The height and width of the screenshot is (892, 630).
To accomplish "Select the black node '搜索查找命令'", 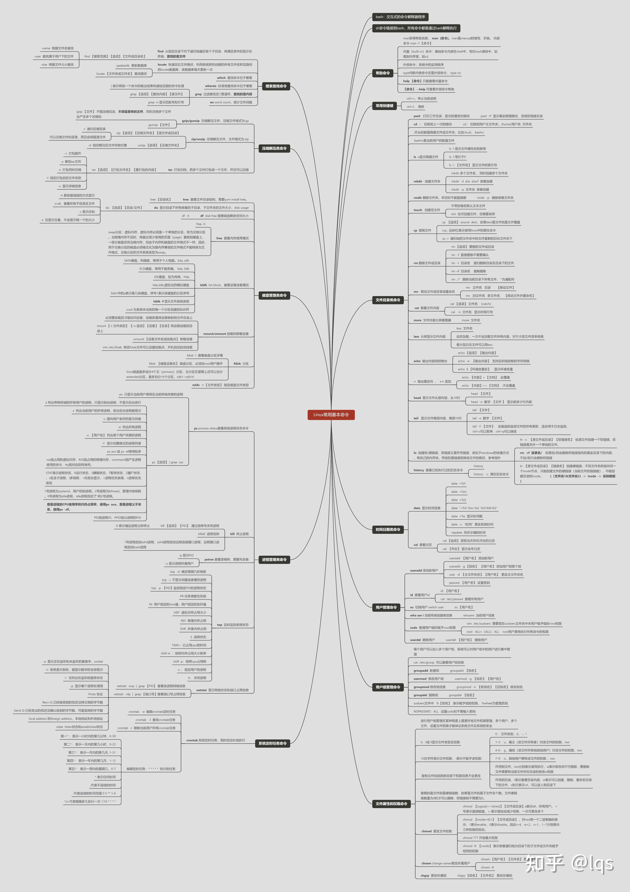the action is point(276,86).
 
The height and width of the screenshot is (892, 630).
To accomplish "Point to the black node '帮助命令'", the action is point(383,73).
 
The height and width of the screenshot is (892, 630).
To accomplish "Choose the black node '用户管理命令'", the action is point(386,607).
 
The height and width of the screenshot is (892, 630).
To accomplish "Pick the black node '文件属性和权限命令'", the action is point(391,804).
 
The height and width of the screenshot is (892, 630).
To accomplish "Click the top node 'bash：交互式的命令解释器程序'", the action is point(400,17).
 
